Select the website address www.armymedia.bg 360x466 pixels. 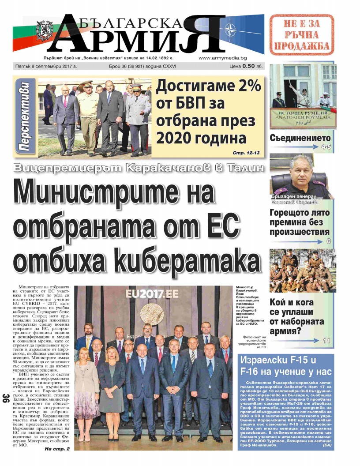222,58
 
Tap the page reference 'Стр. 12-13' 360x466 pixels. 246,153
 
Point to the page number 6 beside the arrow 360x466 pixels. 328,241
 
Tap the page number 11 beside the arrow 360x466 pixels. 326,340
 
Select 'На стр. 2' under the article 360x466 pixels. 57,449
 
